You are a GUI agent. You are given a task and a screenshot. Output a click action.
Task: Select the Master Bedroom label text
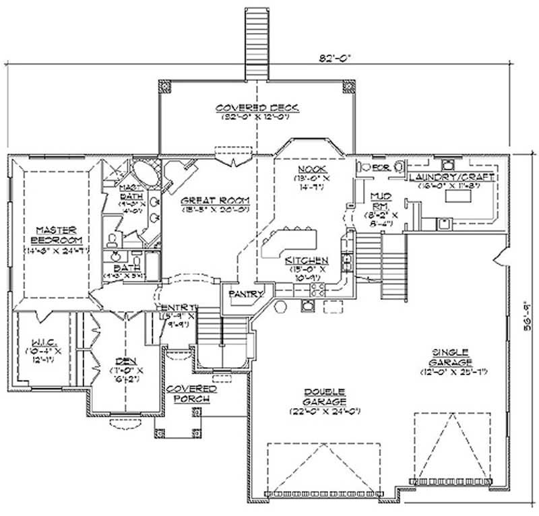pyautogui.click(x=59, y=234)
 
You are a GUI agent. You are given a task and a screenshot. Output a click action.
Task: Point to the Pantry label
pyautogui.click(x=241, y=294)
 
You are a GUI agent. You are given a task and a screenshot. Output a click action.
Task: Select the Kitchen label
pyautogui.click(x=307, y=260)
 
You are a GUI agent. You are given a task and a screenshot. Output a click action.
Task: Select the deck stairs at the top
pyautogui.click(x=256, y=40)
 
